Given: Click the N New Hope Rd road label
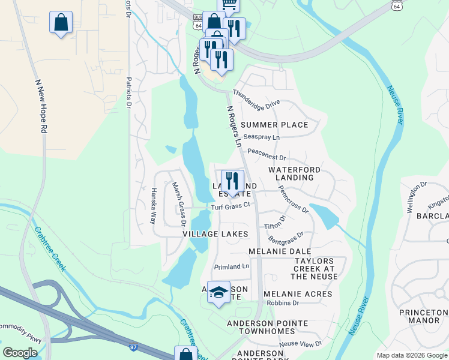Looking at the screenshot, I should click(40, 106).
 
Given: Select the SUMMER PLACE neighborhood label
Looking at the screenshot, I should click(274, 125).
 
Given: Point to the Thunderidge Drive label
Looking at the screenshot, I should click(256, 98).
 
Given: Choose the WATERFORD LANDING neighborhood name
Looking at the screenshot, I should click(291, 173).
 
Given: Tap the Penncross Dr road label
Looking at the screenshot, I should click(293, 199).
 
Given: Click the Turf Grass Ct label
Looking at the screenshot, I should click(230, 206).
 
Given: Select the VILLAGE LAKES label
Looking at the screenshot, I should click(215, 233).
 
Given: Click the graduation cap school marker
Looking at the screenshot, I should click(219, 292).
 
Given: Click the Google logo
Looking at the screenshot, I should click(20, 353).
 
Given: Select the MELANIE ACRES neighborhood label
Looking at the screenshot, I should click(298, 294).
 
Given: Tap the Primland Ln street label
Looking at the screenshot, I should click(232, 266).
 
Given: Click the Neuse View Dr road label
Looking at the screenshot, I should click(301, 343).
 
